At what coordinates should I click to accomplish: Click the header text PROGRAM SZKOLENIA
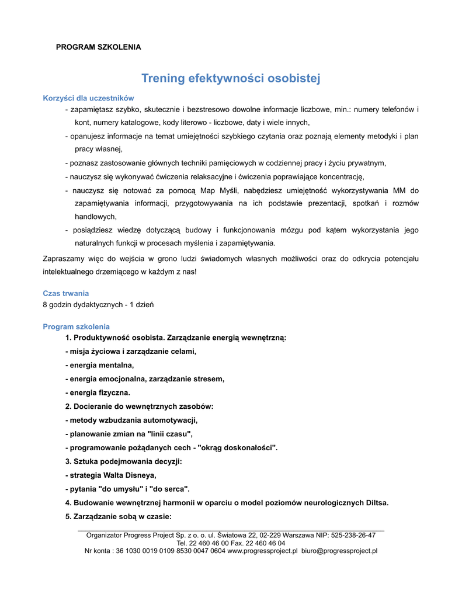(98, 47)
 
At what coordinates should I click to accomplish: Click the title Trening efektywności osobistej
(231, 78)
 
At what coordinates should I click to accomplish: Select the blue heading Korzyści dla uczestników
(88, 98)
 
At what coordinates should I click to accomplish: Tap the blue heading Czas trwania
(66, 293)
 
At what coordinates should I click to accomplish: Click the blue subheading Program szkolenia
(76, 326)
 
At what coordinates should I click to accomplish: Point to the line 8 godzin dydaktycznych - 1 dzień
(98, 304)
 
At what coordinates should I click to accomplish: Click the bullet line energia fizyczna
(99, 392)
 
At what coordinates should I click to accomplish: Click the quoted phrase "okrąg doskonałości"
(238, 448)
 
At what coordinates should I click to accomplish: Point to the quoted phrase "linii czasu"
(169, 434)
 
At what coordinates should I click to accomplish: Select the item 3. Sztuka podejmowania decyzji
(123, 461)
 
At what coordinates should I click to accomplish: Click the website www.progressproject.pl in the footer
(262, 551)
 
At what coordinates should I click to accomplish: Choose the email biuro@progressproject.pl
(339, 551)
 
